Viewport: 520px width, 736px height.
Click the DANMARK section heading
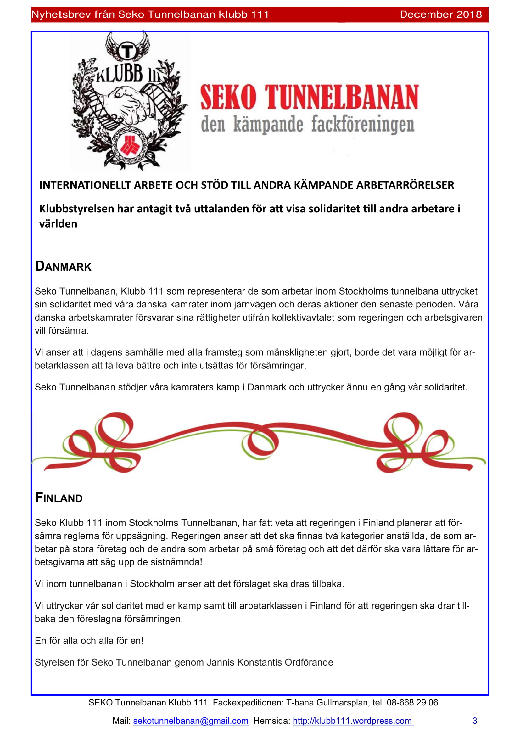tap(63, 267)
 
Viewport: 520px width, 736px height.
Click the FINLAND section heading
tap(59, 497)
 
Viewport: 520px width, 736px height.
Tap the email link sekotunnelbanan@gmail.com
tap(191, 721)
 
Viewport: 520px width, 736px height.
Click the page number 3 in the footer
tap(474, 721)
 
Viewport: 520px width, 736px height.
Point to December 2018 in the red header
tap(440, 14)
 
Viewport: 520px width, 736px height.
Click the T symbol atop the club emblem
tap(127, 51)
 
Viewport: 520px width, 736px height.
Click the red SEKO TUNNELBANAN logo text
tap(309, 97)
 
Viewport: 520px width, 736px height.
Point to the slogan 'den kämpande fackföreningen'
tap(308, 124)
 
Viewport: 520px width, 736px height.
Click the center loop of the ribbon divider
tap(260, 442)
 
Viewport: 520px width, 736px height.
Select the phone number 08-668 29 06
tap(412, 703)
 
